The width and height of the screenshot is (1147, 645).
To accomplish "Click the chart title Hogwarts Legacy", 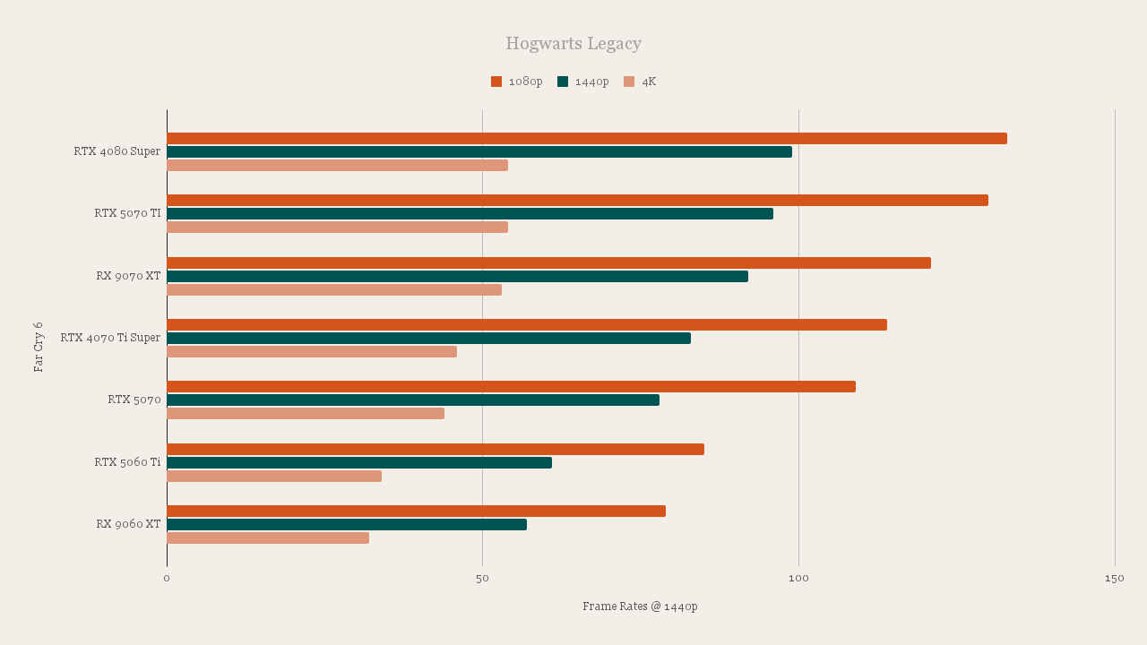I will [x=573, y=43].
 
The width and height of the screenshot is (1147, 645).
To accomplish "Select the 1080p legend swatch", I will [x=496, y=82].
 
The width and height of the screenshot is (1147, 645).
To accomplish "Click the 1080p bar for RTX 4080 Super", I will [x=587, y=139].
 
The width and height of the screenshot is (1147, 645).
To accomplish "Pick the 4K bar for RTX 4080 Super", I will [x=337, y=165].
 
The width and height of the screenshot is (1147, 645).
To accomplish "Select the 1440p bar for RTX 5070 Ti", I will [x=470, y=214].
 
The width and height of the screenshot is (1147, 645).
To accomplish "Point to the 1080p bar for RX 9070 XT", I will [x=548, y=262].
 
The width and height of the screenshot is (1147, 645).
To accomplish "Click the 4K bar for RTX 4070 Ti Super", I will [x=312, y=351].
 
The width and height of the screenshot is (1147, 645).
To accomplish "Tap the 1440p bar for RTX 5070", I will [x=413, y=400].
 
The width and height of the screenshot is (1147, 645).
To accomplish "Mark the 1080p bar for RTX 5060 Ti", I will [x=436, y=449].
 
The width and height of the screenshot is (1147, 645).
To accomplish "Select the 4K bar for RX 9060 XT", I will [x=268, y=537].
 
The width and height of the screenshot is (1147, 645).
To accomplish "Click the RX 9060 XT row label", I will [x=128, y=524].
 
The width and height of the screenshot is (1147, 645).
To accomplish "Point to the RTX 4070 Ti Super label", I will [x=110, y=338].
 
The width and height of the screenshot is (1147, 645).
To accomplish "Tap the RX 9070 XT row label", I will [x=128, y=276].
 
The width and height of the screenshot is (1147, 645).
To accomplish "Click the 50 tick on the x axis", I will [x=482, y=579].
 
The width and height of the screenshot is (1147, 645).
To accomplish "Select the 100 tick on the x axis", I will [x=798, y=579].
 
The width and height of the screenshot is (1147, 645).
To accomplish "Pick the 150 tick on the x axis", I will [x=1114, y=579].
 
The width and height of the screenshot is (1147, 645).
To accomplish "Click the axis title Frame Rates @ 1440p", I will [x=640, y=606].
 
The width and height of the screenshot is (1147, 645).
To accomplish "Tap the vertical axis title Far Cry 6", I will [x=39, y=347].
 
